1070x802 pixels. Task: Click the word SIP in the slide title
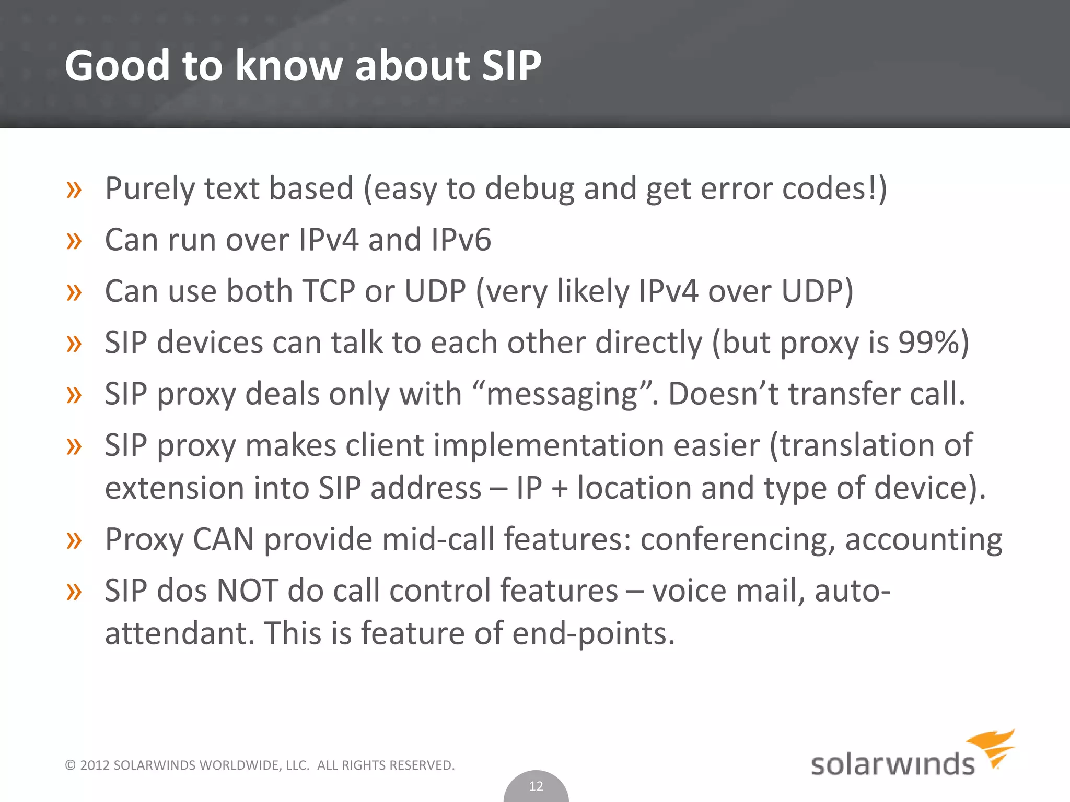(x=511, y=66)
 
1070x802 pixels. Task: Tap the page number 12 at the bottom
(x=536, y=786)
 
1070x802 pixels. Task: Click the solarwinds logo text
(x=892, y=764)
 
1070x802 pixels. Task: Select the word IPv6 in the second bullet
(x=461, y=240)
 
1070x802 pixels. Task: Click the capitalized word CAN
(x=223, y=539)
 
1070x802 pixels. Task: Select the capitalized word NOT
(x=247, y=591)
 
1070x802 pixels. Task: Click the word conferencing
(x=738, y=540)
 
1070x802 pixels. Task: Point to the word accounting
(x=923, y=540)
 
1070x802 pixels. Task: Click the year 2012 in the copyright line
(x=95, y=765)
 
